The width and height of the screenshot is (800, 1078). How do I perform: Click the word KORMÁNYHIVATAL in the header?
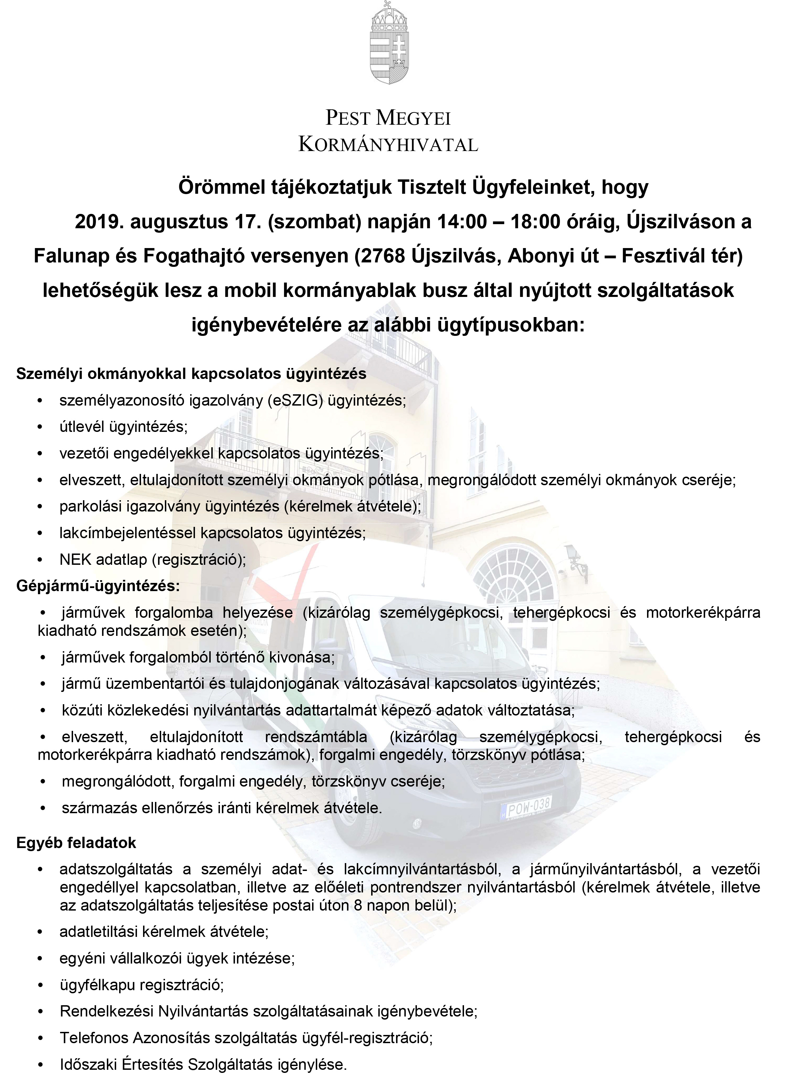coord(388,145)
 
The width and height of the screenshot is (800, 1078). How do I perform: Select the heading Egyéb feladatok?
coord(76,843)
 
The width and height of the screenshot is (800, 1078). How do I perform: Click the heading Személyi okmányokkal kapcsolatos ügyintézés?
coord(191,373)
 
